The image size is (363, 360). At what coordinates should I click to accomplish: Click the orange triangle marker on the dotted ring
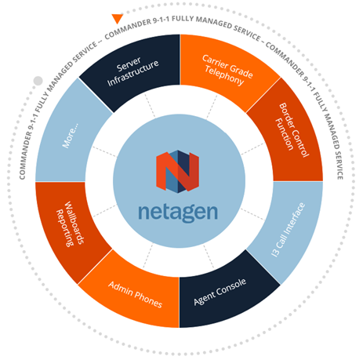[118, 18]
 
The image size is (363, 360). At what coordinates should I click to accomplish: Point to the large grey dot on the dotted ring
[38, 81]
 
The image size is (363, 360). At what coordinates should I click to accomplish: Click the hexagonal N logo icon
[178, 172]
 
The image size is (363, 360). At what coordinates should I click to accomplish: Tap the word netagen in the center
[178, 213]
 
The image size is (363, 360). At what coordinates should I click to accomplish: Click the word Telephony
[224, 76]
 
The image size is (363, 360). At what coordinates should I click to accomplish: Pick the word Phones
[148, 299]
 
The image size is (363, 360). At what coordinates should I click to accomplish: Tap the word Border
[287, 115]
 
